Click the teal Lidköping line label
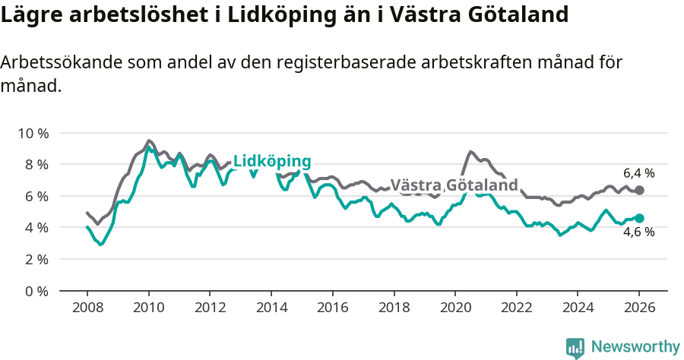tap(272, 162)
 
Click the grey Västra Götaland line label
tap(454, 185)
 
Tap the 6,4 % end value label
tap(638, 173)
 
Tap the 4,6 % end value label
tap(638, 232)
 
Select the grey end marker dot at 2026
tap(639, 190)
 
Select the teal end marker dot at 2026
tap(639, 218)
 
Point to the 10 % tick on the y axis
tap(33, 133)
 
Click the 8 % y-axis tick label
tap(36, 164)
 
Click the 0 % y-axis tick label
tap(36, 291)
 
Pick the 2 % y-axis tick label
tap(36, 259)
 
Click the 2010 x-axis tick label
tap(148, 308)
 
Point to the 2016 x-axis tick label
tap(332, 308)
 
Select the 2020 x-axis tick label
tap(454, 308)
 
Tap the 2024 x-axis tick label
tap(577, 308)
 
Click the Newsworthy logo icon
tap(575, 348)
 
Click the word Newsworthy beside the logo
tap(635, 347)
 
